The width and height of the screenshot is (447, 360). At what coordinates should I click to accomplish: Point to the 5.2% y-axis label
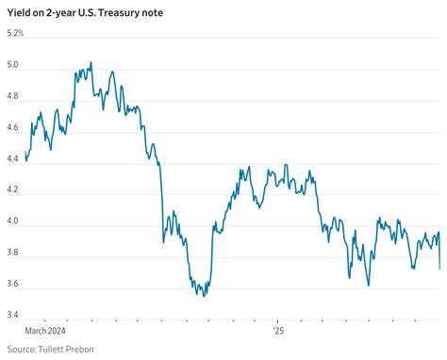click(x=16, y=34)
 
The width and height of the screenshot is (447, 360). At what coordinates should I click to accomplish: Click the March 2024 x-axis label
click(x=45, y=331)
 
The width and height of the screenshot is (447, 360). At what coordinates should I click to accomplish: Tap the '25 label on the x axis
click(x=278, y=331)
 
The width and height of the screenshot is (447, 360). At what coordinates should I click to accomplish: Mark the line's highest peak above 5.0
click(x=91, y=62)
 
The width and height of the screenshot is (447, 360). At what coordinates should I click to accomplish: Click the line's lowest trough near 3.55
click(x=205, y=295)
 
